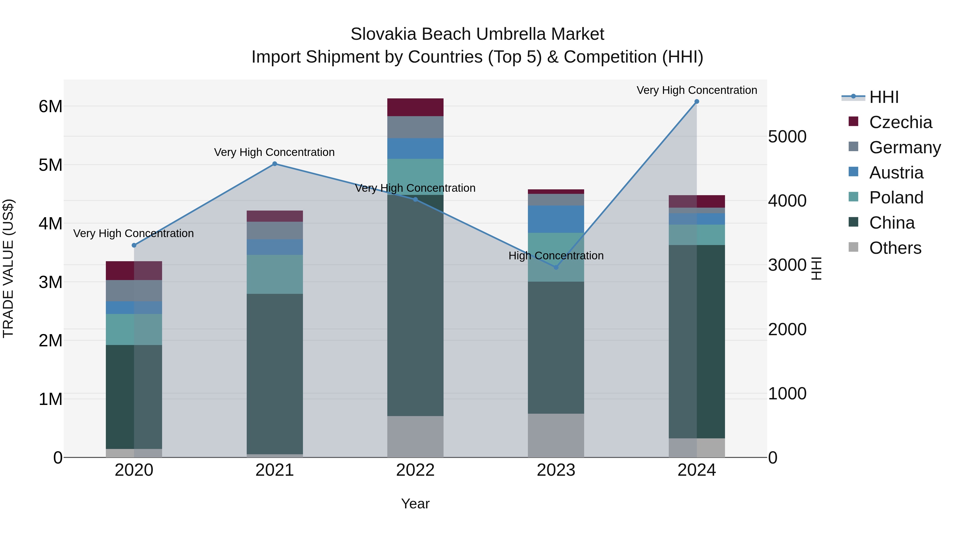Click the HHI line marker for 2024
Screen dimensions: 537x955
pyautogui.click(x=697, y=102)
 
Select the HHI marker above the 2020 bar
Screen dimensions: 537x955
pyautogui.click(x=134, y=245)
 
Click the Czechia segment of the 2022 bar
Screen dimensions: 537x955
pyautogui.click(x=415, y=107)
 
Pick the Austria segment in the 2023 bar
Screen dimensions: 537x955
pyautogui.click(x=556, y=219)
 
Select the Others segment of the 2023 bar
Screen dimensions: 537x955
pyautogui.click(x=556, y=435)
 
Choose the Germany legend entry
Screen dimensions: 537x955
pyautogui.click(x=905, y=147)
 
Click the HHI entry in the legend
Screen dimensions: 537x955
pyautogui.click(x=884, y=97)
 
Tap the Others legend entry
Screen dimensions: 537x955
pyautogui.click(x=895, y=248)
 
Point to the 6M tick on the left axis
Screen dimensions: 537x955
pyautogui.click(x=50, y=107)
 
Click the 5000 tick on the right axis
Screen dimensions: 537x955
pyautogui.click(x=787, y=137)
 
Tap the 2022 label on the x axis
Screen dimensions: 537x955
pyautogui.click(x=415, y=470)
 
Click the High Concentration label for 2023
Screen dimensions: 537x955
pyautogui.click(x=556, y=256)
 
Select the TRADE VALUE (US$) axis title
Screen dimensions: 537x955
pyautogui.click(x=8, y=268)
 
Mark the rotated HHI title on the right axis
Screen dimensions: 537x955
pyautogui.click(x=816, y=268)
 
